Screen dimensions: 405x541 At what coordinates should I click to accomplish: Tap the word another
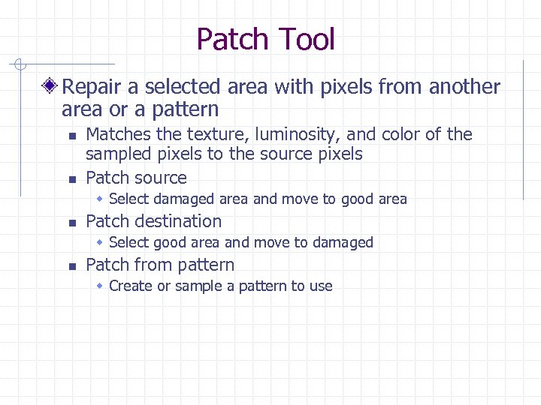(464, 87)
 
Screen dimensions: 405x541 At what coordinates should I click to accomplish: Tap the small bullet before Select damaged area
(101, 199)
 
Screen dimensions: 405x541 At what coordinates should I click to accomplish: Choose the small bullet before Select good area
(101, 243)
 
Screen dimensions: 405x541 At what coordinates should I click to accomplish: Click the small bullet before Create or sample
(101, 286)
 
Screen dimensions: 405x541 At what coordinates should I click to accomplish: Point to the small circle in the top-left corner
(24, 64)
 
